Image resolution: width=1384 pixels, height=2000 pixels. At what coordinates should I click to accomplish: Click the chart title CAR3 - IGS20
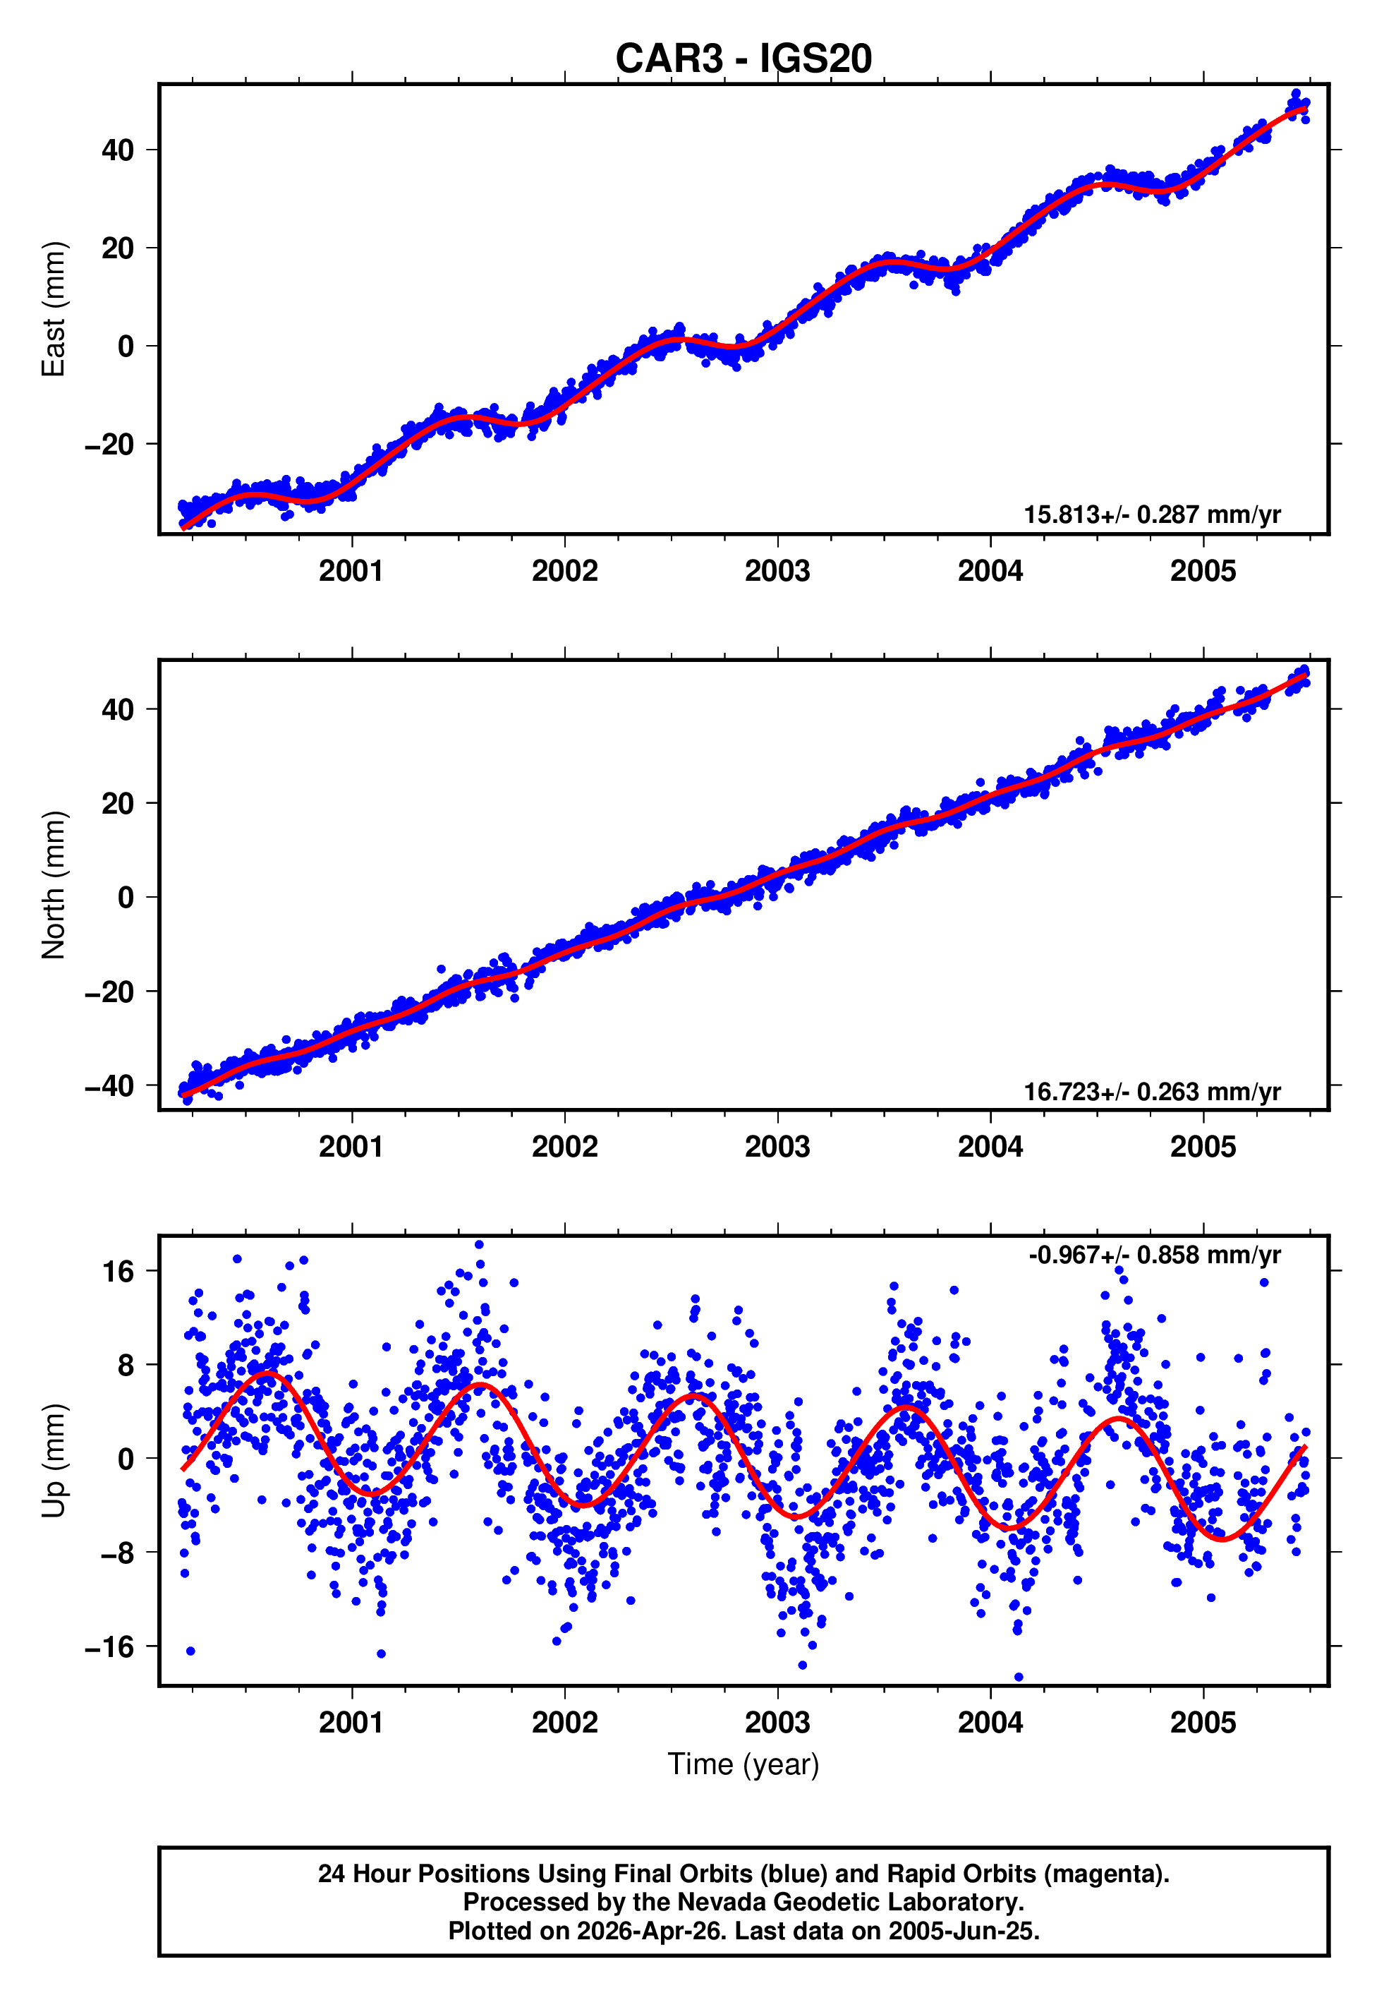[743, 59]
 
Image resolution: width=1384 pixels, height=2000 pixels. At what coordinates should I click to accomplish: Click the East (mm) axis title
[54, 309]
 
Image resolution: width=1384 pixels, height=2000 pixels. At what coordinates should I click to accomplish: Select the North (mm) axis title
[54, 885]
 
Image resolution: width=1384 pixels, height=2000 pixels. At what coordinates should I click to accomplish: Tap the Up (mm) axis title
[54, 1461]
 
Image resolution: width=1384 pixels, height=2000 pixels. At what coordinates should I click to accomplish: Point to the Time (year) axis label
[743, 1764]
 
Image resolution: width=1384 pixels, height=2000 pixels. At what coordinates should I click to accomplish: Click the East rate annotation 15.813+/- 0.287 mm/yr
[1152, 514]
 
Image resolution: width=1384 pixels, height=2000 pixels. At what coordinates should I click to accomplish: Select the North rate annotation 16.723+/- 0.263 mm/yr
[1152, 1091]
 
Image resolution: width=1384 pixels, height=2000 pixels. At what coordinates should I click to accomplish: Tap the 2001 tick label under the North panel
[351, 1147]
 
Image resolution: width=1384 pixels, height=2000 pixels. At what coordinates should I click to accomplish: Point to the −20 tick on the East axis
[109, 444]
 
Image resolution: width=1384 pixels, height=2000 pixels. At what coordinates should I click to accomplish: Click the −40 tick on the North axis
[109, 1085]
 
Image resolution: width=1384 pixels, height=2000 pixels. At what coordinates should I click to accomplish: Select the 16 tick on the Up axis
[118, 1272]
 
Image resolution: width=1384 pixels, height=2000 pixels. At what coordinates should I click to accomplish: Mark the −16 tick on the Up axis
[109, 1646]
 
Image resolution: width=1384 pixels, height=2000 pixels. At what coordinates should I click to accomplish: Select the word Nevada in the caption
[719, 1902]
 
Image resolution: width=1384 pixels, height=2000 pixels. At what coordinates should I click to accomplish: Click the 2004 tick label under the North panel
[990, 1147]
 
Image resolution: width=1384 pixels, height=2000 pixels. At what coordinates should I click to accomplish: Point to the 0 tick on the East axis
[126, 346]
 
